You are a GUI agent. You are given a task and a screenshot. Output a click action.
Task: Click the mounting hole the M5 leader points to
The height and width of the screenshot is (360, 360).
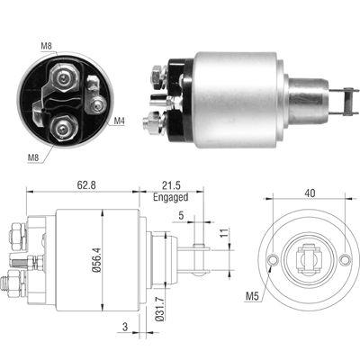click(274, 262)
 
